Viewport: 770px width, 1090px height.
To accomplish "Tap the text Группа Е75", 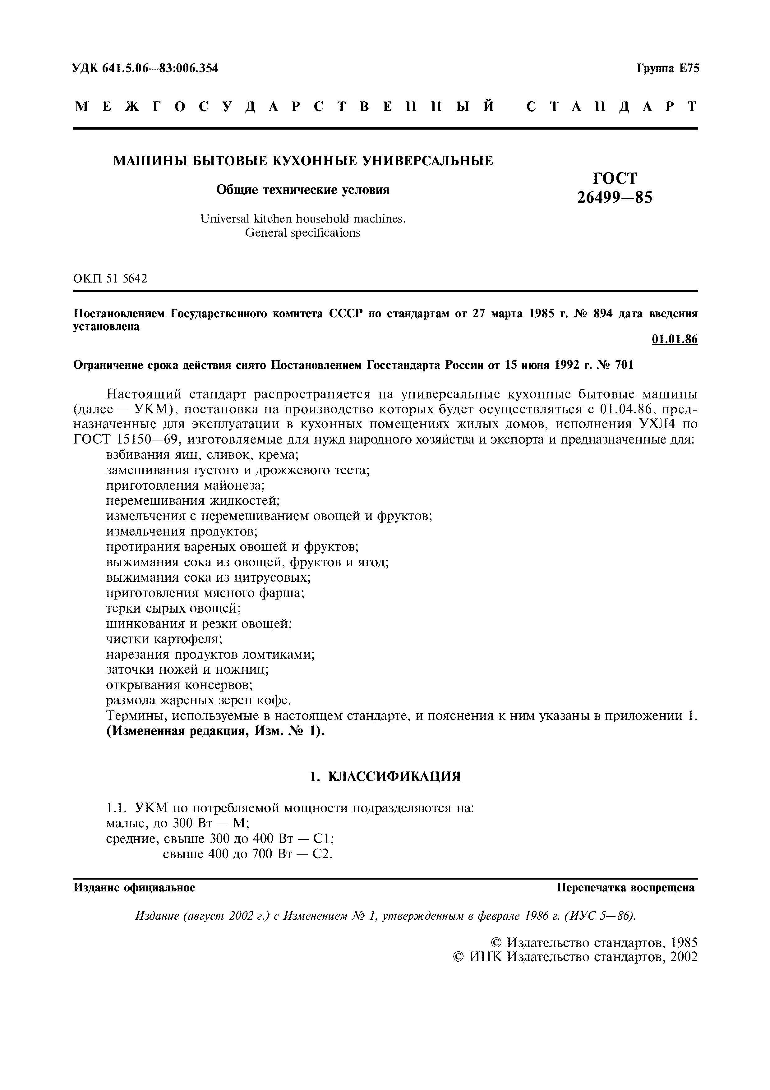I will (667, 68).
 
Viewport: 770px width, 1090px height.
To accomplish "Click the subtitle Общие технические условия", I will (302, 190).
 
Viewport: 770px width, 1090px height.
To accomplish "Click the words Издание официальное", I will (134, 887).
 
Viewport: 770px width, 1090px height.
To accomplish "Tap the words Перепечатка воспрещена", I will (625, 887).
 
